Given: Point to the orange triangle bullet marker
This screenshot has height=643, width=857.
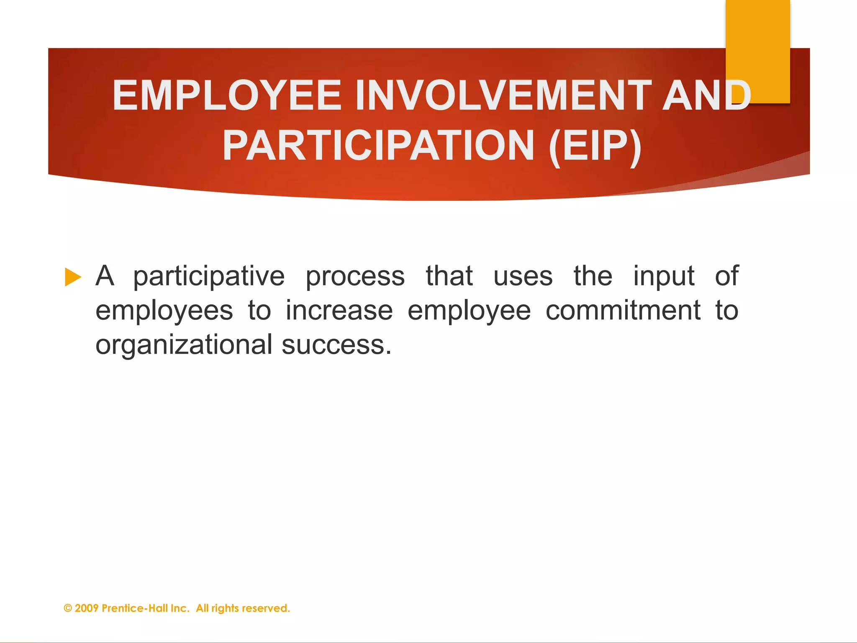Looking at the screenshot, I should [x=73, y=277].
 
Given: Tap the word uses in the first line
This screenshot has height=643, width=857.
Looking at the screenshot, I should [x=523, y=276].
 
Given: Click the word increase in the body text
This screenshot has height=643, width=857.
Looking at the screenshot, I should [x=339, y=311].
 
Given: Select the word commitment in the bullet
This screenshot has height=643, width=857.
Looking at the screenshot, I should [x=623, y=311].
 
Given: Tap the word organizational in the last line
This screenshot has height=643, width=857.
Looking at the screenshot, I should [x=184, y=345].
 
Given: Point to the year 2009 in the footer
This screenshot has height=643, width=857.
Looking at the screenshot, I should [x=87, y=608].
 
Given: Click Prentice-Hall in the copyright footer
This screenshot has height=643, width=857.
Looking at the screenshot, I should [x=134, y=608].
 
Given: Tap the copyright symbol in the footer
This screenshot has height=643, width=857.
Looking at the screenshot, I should [x=68, y=608].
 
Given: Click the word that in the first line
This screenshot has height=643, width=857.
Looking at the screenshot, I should [x=449, y=276].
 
